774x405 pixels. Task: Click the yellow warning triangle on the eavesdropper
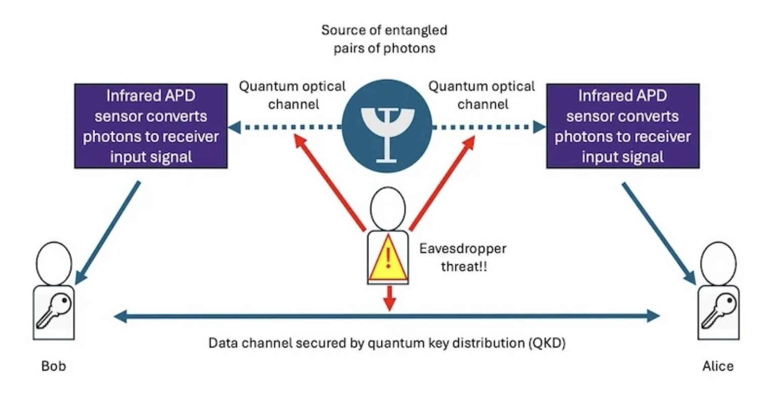pyautogui.click(x=388, y=259)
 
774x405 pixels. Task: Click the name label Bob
pyautogui.click(x=54, y=366)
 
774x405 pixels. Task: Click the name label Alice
pyautogui.click(x=718, y=366)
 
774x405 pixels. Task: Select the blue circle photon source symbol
pyautogui.click(x=387, y=127)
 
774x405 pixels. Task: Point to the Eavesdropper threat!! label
pyautogui.click(x=463, y=257)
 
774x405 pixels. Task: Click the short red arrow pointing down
pyautogui.click(x=389, y=298)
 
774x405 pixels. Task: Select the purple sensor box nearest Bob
pyautogui.click(x=151, y=126)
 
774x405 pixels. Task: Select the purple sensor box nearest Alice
pyautogui.click(x=623, y=126)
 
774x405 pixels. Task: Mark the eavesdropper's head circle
pyautogui.click(x=388, y=209)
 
